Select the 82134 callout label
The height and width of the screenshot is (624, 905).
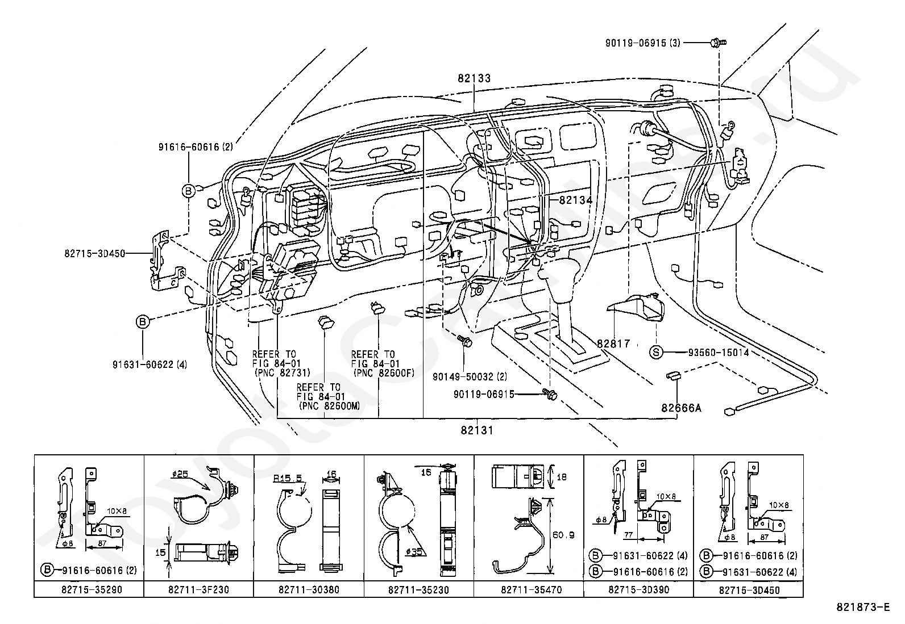coord(575,200)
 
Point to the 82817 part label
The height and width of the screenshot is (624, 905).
coord(613,344)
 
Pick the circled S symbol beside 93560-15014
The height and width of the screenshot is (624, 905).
coord(657,353)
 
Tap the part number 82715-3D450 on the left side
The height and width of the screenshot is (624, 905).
coord(95,253)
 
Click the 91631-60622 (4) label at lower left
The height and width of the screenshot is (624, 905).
coord(150,365)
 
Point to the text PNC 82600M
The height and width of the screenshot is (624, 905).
coord(329,407)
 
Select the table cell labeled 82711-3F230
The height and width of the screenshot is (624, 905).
coord(198,590)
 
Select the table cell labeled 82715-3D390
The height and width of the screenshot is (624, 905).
coord(638,590)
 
